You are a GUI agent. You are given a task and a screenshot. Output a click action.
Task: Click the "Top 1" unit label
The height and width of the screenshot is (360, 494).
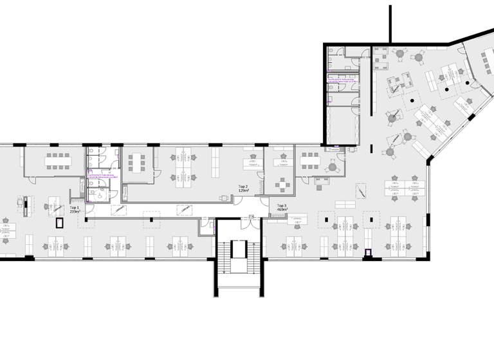(x=75, y=208)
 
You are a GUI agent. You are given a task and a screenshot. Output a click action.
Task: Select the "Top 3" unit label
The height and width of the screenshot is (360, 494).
(x=282, y=206)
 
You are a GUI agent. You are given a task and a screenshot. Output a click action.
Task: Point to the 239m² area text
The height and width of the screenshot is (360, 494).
(x=75, y=212)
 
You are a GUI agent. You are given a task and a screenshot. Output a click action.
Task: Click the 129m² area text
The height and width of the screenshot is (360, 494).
(x=244, y=191)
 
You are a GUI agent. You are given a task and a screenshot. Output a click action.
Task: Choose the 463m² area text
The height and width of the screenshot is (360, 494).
(x=282, y=210)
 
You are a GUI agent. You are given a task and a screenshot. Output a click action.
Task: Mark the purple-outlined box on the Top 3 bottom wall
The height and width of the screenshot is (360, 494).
(x=369, y=253)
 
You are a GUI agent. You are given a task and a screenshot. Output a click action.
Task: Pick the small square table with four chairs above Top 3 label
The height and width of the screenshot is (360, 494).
(x=283, y=184)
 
